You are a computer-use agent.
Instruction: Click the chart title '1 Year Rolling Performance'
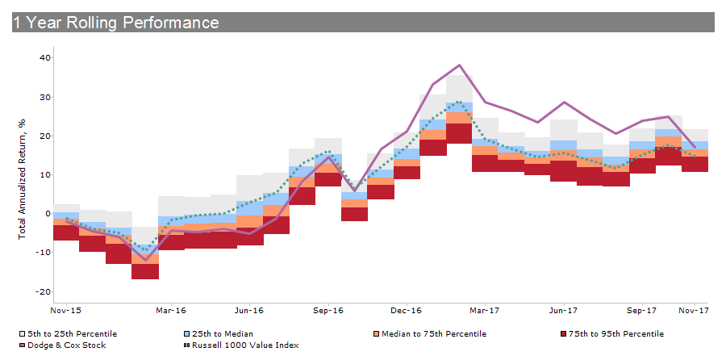[115, 23]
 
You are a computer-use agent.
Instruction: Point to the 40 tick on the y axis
[46, 58]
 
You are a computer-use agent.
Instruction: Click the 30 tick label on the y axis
[46, 97]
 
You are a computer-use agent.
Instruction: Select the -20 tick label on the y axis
[44, 291]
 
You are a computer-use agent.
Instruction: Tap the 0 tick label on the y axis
[48, 214]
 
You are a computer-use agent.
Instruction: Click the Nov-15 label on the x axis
[65, 310]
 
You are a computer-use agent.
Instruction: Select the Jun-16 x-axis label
[249, 310]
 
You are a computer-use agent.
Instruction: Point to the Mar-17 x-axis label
[485, 310]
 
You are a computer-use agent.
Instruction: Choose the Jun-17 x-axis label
[562, 310]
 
